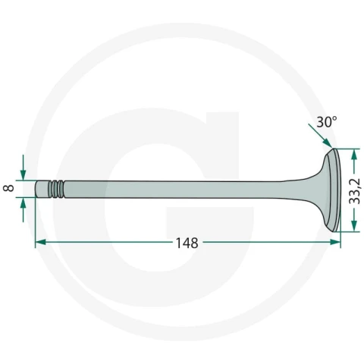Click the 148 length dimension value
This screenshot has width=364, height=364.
click(187, 243)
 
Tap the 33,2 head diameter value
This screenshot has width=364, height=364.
click(354, 190)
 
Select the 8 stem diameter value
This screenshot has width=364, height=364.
click(10, 188)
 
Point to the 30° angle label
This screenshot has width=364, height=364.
click(326, 122)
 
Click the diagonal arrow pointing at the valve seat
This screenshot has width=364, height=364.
click(320, 135)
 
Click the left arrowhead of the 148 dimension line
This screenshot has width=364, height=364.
click(41, 242)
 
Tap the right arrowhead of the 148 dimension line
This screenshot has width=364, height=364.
click(335, 242)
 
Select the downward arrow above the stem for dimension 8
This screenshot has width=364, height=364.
click(23, 168)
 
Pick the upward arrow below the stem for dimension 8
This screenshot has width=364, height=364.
click(23, 210)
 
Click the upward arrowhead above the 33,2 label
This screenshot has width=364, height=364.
click(354, 154)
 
